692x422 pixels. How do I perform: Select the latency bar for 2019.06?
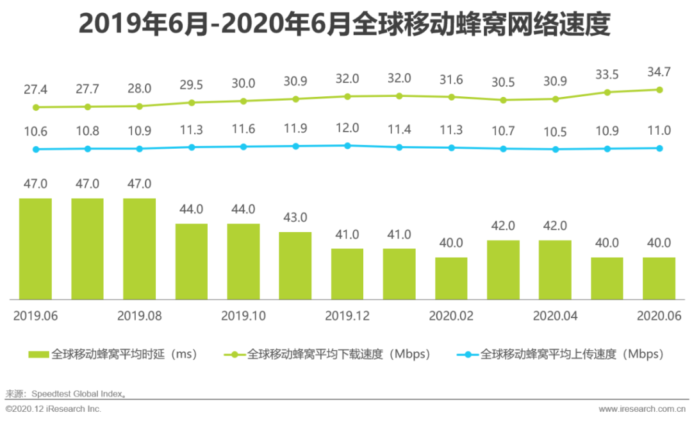[x=35, y=249]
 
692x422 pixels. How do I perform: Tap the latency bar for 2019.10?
[x=243, y=261]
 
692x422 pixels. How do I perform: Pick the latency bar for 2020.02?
[x=451, y=278]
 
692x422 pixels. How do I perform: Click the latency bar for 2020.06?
[x=659, y=278]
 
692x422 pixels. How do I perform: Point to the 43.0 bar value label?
[x=295, y=217]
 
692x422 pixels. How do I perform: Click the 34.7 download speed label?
[x=659, y=72]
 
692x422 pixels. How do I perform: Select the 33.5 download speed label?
[x=607, y=75]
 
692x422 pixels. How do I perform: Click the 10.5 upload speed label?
[x=555, y=131]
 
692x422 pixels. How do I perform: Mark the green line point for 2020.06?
[x=659, y=90]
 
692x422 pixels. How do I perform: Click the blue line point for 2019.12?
[x=347, y=146]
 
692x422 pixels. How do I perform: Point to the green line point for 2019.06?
[x=36, y=107]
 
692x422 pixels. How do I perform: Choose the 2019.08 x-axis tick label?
[x=139, y=316]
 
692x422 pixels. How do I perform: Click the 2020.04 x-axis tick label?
[x=555, y=316]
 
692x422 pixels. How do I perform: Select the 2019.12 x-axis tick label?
[x=347, y=316]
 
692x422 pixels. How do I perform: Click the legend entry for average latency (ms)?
[x=115, y=354]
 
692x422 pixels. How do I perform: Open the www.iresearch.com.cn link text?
[x=644, y=409]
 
